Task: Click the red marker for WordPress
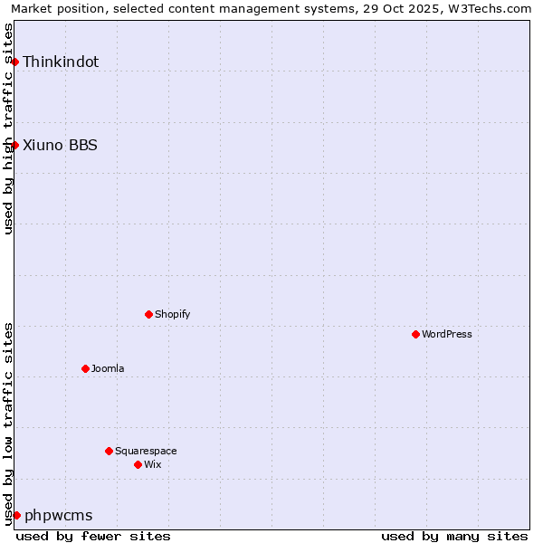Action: point(415,334)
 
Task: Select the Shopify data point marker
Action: point(148,314)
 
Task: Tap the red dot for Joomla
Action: point(85,368)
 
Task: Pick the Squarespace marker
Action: point(109,451)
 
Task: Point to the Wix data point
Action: point(138,464)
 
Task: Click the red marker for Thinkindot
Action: point(14,62)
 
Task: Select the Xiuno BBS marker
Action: point(14,145)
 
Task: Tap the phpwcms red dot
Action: point(16,515)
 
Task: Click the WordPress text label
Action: point(447,334)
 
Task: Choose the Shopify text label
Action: point(172,314)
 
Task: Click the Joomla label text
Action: point(108,368)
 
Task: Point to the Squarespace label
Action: point(146,451)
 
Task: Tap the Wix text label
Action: point(152,464)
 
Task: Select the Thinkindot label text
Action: point(61,62)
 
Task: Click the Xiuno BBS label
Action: point(60,145)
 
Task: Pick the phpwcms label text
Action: point(58,515)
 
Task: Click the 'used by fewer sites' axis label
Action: point(93,536)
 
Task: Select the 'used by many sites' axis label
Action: point(454,536)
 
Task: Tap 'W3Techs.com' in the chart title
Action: point(489,9)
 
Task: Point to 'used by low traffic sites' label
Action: point(9,424)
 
